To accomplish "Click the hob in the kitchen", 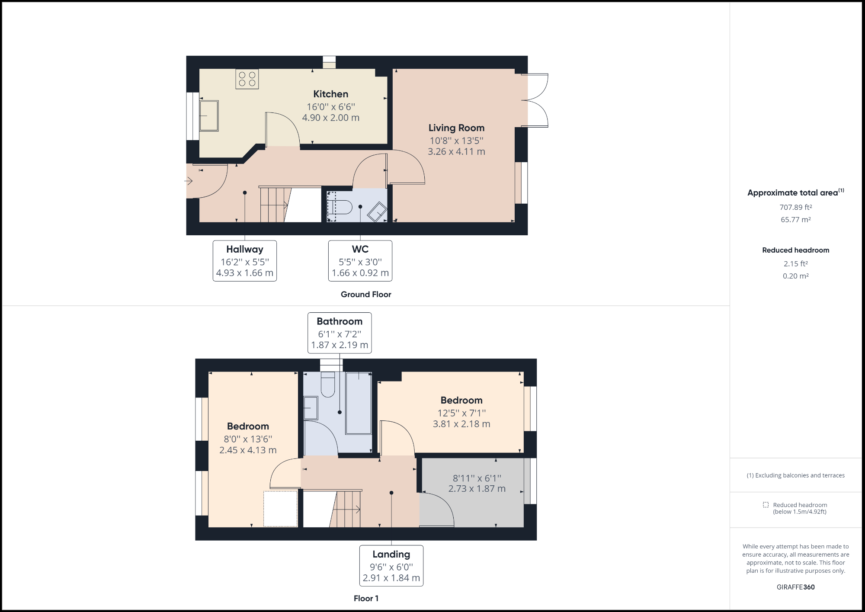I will click(247, 79).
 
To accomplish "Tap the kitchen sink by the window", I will click(209, 116).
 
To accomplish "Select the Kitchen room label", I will click(330, 94).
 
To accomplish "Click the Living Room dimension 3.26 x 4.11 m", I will click(456, 152).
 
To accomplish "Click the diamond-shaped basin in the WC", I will click(377, 212).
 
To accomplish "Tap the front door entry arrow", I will click(189, 181).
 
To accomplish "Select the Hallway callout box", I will click(245, 261).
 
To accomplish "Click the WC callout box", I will click(360, 261).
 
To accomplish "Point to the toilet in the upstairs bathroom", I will click(328, 385).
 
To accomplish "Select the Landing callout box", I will click(391, 565).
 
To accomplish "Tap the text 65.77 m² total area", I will click(795, 220).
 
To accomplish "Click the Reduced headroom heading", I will click(795, 250).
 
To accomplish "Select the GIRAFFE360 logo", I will click(795, 587).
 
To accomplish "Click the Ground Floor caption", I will click(366, 295).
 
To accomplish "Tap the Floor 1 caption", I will click(366, 599).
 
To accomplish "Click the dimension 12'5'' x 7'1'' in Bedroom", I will click(461, 413).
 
